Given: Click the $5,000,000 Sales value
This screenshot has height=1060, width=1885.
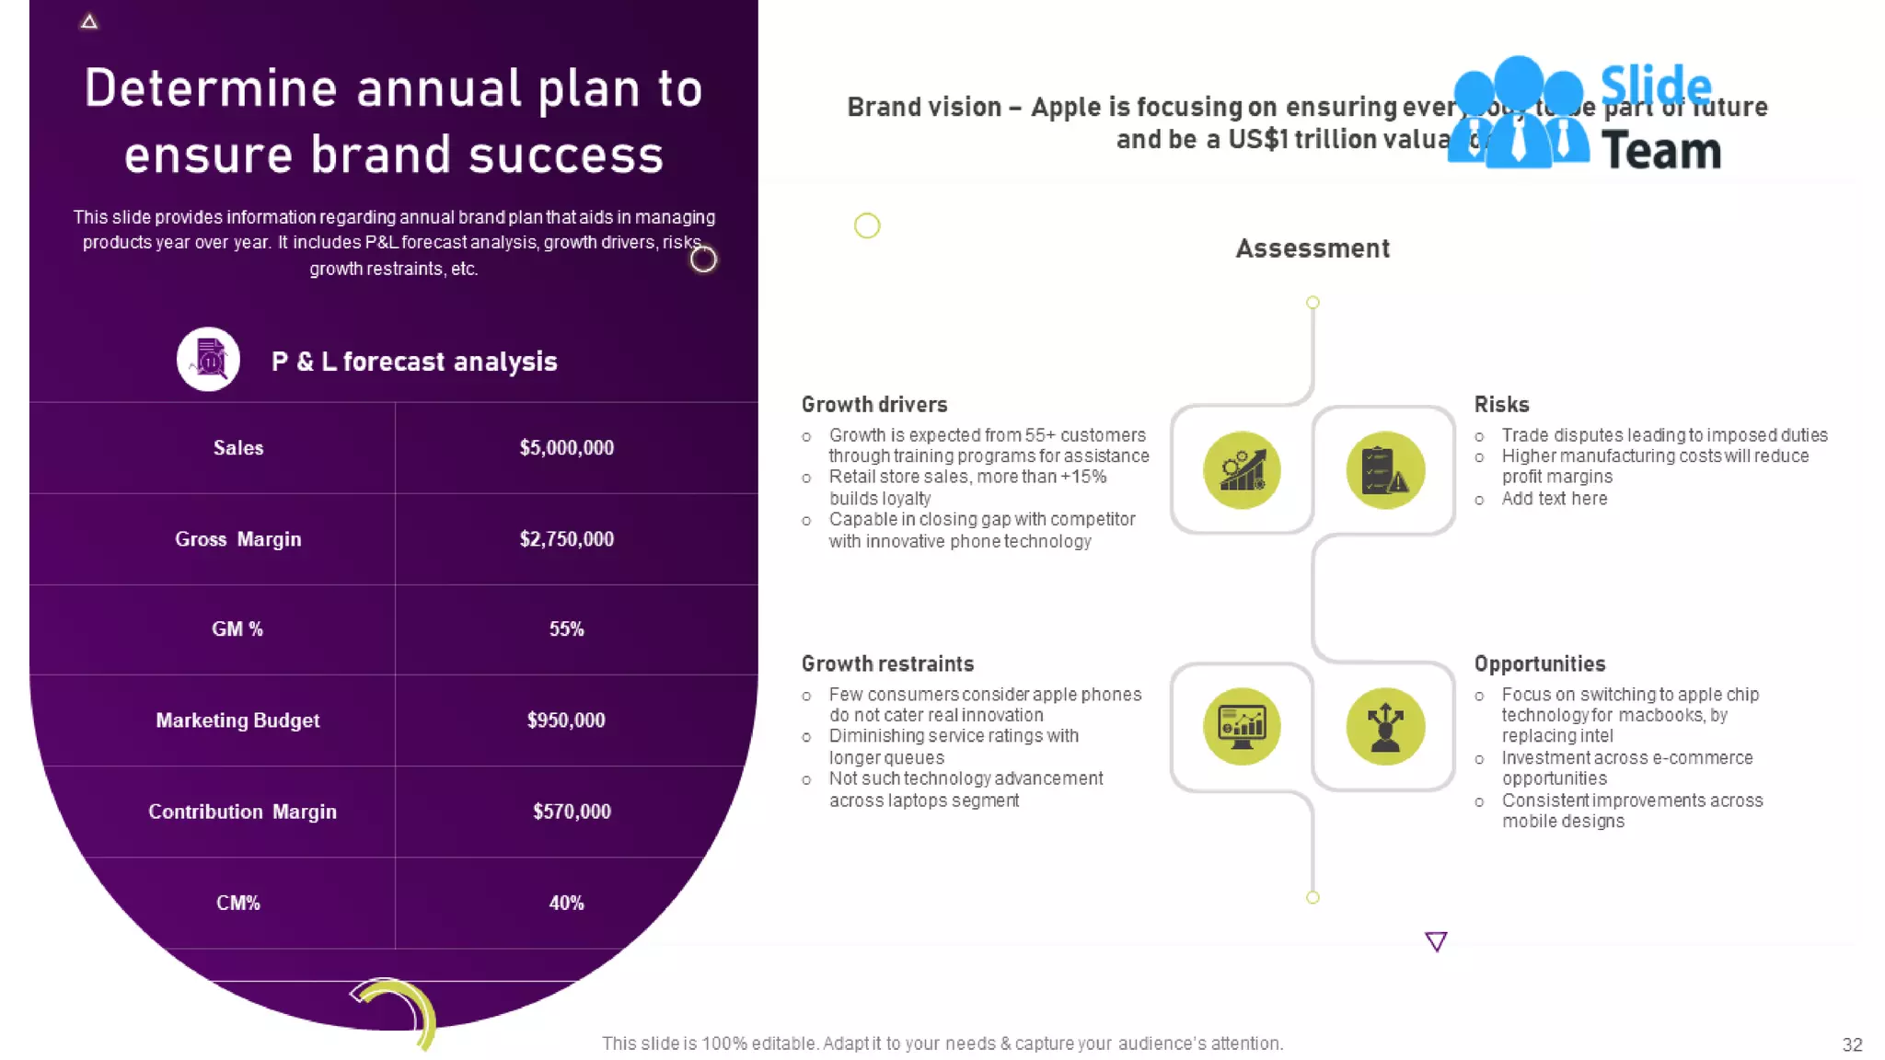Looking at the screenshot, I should coord(566,448).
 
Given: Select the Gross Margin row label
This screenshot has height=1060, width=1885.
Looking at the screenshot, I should coord(237,539).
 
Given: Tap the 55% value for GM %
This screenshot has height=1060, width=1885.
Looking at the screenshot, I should coord(566,629).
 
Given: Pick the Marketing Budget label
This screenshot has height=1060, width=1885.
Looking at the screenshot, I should coord(237,720).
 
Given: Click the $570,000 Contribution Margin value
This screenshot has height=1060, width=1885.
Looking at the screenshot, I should coord(572,812).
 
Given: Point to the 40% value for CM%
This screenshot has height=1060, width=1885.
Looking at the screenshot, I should coord(566,903).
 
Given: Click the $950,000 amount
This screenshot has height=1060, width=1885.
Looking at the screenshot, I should coord(566,720).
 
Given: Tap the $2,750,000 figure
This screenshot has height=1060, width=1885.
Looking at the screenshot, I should coord(566,539).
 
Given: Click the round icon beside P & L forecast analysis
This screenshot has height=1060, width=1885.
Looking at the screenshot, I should coord(209,360).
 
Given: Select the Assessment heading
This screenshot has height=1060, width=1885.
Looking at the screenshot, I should coord(1312,248).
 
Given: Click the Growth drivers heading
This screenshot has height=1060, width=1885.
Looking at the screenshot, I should coord(873,405).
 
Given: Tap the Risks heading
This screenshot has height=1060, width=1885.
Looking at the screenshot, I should coord(1501,405).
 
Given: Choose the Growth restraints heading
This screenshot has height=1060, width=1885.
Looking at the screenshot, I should coord(887,664).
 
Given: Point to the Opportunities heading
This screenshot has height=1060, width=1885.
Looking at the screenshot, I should coord(1539,664).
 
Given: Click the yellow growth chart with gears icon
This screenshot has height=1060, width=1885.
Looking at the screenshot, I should coord(1242,470).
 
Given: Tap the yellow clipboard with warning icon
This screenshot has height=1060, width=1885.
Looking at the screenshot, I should coord(1384,470).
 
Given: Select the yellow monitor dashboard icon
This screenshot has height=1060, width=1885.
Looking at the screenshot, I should coord(1242,726).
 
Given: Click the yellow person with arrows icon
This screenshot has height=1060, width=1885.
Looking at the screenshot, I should coord(1384,726).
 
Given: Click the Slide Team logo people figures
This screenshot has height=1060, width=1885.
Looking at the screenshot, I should coord(1518,115).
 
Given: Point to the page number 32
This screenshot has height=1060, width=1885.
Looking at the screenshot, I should coord(1852,1044).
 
